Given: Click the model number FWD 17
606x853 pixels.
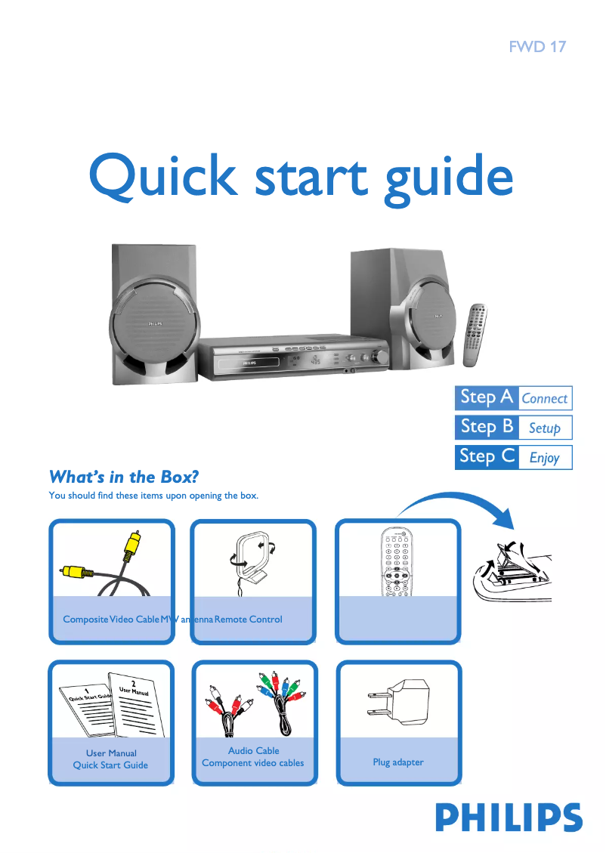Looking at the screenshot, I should click(x=536, y=47).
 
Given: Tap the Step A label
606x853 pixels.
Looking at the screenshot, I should click(x=487, y=397).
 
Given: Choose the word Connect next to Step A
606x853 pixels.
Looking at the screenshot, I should click(x=544, y=398).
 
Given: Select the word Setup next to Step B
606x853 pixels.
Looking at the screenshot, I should click(x=544, y=428).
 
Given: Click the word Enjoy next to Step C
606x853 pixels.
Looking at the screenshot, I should click(x=544, y=457).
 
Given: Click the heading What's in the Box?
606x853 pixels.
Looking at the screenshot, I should click(x=123, y=477).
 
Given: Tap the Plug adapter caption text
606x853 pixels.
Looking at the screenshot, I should click(x=398, y=762).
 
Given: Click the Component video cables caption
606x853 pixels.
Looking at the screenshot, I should click(x=253, y=763).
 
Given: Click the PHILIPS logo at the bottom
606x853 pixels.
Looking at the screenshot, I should click(x=509, y=817).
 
